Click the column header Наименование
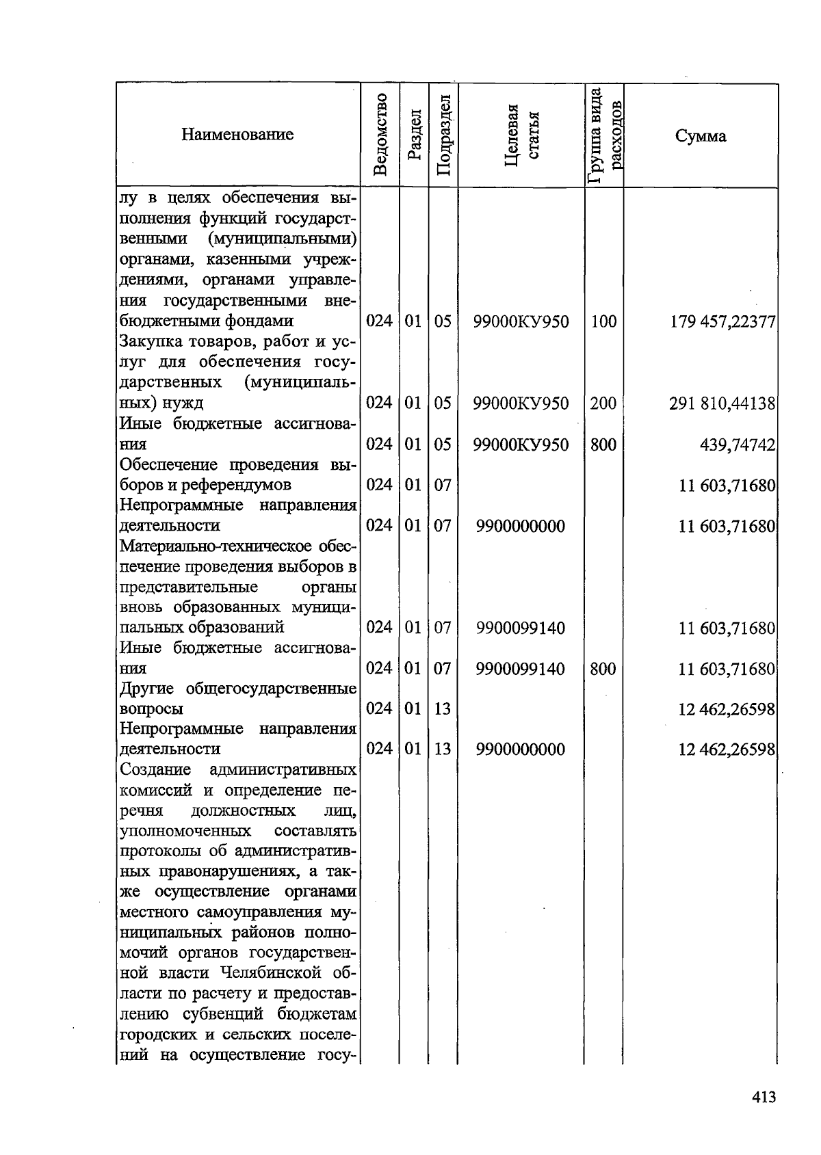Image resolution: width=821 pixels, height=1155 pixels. (x=237, y=135)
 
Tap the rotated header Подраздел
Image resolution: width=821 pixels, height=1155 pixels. (x=443, y=135)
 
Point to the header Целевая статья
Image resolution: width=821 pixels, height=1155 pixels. (x=521, y=135)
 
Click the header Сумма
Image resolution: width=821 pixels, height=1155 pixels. (x=701, y=136)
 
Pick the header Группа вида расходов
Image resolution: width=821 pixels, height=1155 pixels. (x=604, y=135)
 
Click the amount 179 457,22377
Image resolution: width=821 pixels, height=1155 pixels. (x=723, y=321)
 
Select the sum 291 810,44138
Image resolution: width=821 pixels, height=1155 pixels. (x=722, y=403)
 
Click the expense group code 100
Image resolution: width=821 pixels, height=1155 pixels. (x=603, y=321)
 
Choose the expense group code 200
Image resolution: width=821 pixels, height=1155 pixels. (x=603, y=403)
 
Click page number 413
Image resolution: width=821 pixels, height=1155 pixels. (x=763, y=1097)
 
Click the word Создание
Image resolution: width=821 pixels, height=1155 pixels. (x=155, y=770)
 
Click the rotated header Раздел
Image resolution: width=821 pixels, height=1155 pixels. (x=413, y=135)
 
